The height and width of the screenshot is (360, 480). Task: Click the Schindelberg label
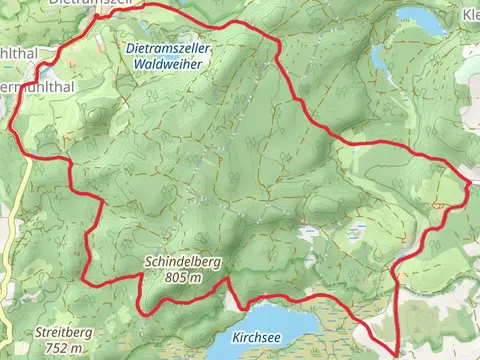tap(182, 261)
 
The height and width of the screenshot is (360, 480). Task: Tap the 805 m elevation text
tap(182, 277)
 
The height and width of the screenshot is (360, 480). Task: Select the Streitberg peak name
tap(62, 333)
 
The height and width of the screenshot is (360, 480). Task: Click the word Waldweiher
tap(164, 63)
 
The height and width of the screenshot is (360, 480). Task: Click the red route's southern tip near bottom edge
tap(398, 351)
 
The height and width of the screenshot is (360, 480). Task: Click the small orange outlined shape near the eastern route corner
tap(438, 204)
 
